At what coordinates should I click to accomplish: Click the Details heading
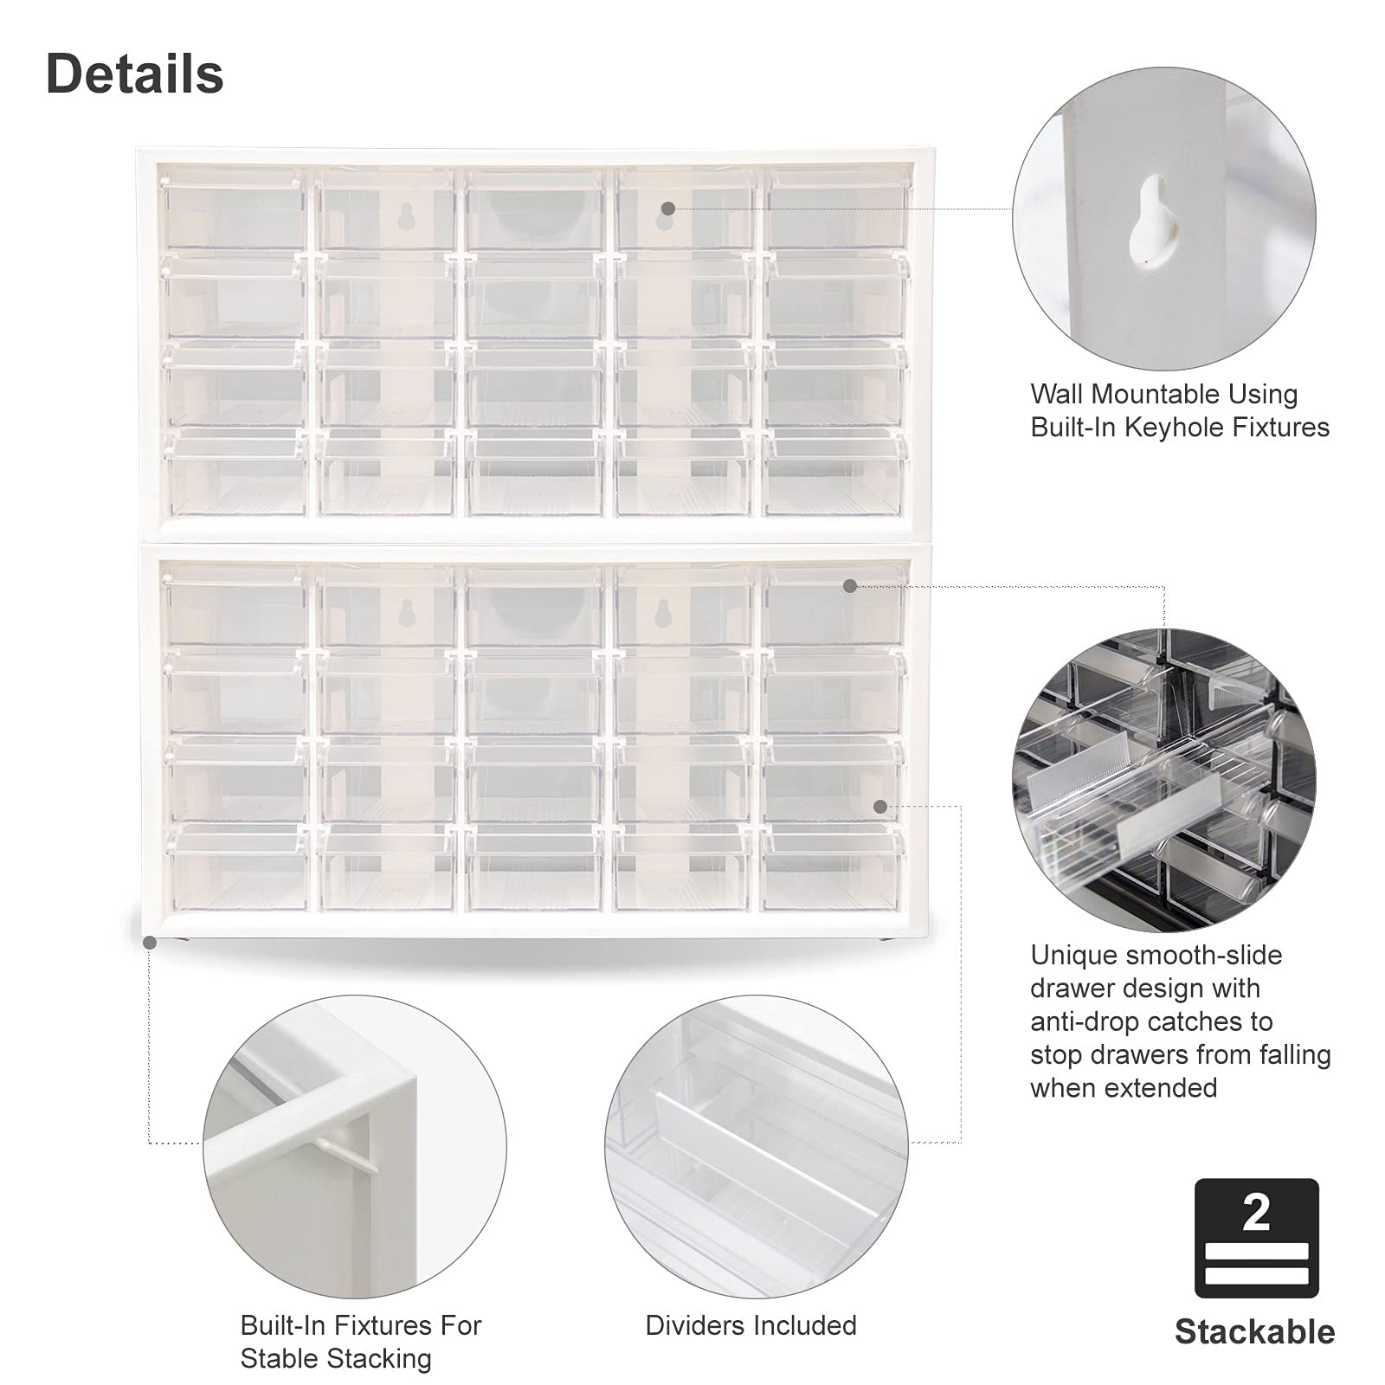134,74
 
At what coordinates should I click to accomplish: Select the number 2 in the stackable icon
1255,1213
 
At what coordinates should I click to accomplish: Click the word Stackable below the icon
1254,1331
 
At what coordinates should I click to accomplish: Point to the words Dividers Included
750,1325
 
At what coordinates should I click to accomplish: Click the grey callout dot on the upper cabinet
667,209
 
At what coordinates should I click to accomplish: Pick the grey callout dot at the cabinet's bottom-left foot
150,942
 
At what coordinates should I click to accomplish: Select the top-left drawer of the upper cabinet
234,210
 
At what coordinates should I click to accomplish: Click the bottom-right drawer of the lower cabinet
833,869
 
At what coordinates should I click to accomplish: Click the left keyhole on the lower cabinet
405,613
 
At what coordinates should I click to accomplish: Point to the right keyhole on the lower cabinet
663,613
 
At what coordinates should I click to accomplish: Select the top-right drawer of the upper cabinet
835,210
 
